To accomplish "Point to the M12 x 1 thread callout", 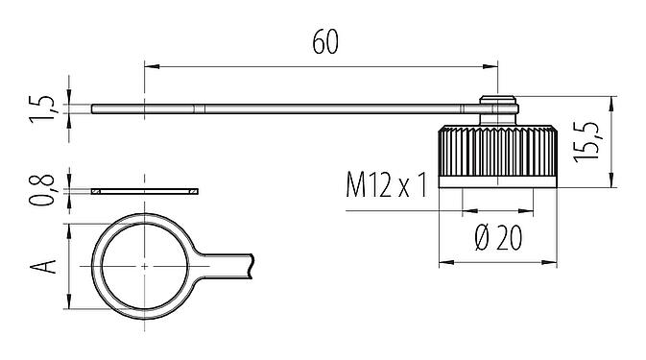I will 387,183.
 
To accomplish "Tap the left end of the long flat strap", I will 94,108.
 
